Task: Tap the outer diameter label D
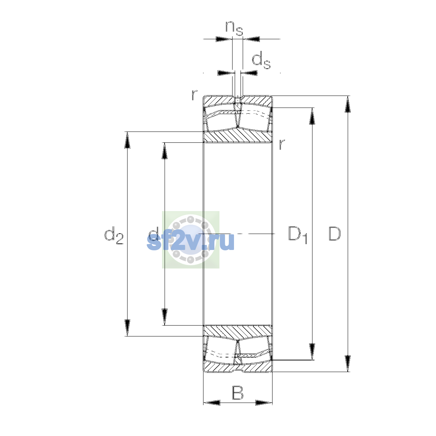pos(334,234)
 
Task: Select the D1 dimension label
pos(298,235)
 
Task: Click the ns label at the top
pos(234,28)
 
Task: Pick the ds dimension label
pos(261,60)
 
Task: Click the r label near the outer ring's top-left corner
pos(194,95)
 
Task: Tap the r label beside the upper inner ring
pos(282,144)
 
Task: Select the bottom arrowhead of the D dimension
pos(348,364)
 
